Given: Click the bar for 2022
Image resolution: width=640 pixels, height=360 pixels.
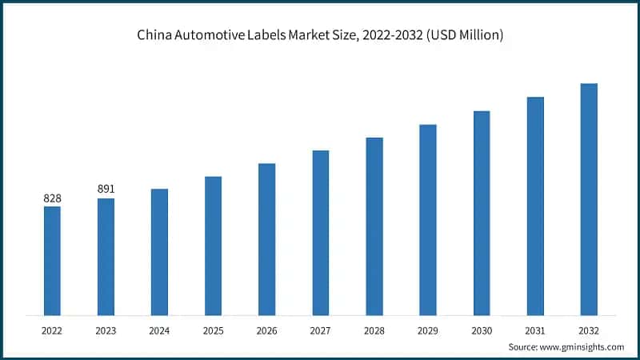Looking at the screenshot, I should click(x=52, y=261).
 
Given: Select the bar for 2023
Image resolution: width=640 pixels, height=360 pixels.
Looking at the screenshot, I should click(x=106, y=257).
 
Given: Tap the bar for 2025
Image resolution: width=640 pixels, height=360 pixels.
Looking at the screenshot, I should click(x=213, y=246).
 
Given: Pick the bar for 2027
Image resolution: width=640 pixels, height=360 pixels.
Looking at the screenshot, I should click(x=321, y=233).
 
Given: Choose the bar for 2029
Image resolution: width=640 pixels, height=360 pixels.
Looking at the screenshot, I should click(x=428, y=220).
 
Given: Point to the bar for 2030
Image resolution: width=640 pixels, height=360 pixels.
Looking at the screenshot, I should click(x=482, y=213).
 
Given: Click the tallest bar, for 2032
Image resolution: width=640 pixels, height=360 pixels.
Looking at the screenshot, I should click(x=589, y=199).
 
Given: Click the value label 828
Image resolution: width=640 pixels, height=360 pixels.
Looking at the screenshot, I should click(x=52, y=198).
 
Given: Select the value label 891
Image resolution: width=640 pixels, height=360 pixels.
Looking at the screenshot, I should click(x=106, y=189).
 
